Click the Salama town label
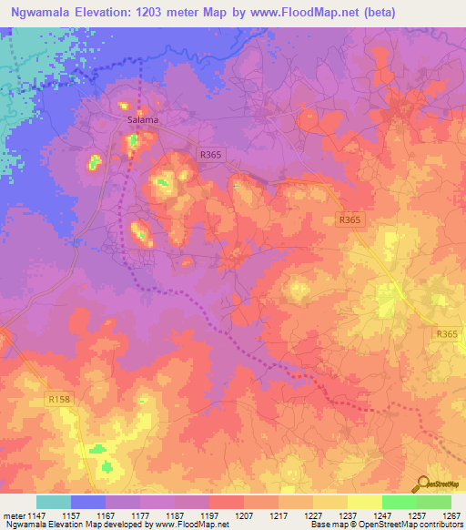[140, 119]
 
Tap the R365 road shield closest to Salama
[209, 155]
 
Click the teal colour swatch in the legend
[54, 502]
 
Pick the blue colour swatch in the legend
[88, 502]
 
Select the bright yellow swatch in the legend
[365, 502]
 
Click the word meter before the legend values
[14, 515]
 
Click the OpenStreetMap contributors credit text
[400, 525]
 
